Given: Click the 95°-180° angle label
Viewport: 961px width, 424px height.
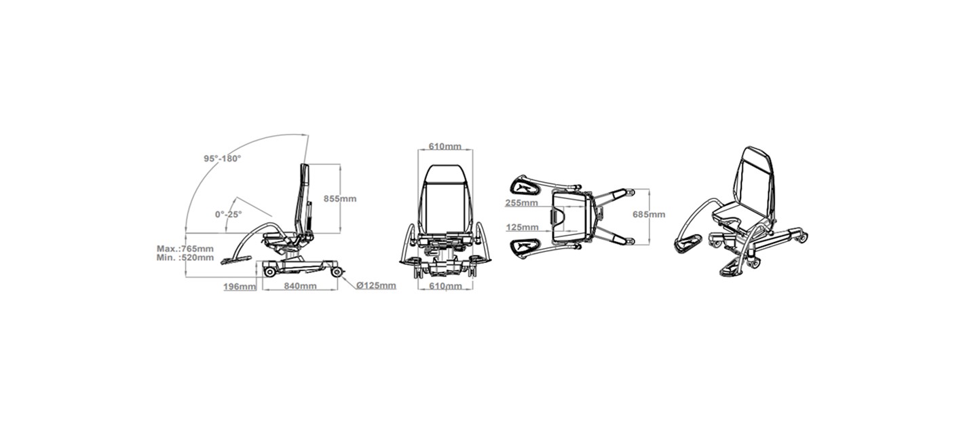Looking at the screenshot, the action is click(222, 158).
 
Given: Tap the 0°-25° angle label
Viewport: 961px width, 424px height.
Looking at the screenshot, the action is click(228, 214).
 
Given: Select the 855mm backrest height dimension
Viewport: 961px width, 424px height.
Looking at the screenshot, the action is click(340, 198).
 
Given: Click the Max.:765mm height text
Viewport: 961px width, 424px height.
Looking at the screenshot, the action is click(185, 249).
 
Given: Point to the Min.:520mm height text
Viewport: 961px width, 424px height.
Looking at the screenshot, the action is click(185, 258).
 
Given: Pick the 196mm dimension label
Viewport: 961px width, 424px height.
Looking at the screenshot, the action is click(240, 286).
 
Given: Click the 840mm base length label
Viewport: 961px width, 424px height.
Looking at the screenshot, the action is click(300, 285).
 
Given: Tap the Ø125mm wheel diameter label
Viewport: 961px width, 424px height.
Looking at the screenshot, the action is click(376, 285).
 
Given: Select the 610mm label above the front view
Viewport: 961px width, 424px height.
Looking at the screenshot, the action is click(445, 146).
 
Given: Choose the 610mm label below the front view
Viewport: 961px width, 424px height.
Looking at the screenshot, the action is click(445, 285).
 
